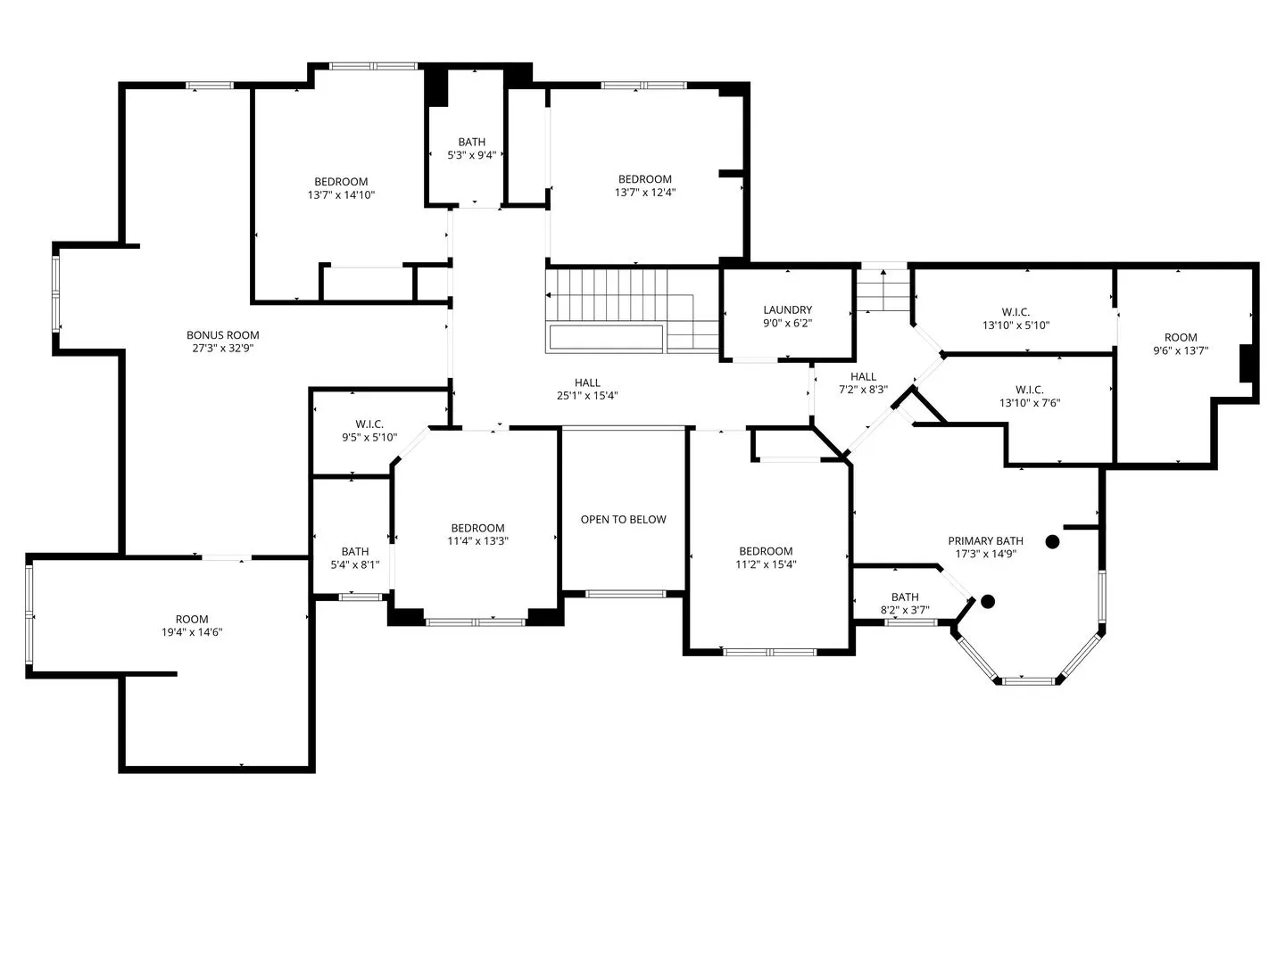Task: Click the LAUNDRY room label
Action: pyautogui.click(x=787, y=310)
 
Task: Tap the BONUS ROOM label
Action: pyautogui.click(x=222, y=335)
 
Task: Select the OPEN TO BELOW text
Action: pyautogui.click(x=623, y=519)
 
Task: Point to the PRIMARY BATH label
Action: pyautogui.click(x=985, y=541)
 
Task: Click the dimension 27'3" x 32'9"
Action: pyautogui.click(x=222, y=349)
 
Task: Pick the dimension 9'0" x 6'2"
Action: pyautogui.click(x=787, y=324)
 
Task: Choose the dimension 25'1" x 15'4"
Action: pyautogui.click(x=587, y=396)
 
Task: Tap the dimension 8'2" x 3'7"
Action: pyautogui.click(x=905, y=611)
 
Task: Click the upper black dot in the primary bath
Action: pyautogui.click(x=1052, y=541)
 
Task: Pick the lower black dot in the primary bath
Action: pyautogui.click(x=988, y=601)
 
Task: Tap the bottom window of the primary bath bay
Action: pyautogui.click(x=1028, y=680)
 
